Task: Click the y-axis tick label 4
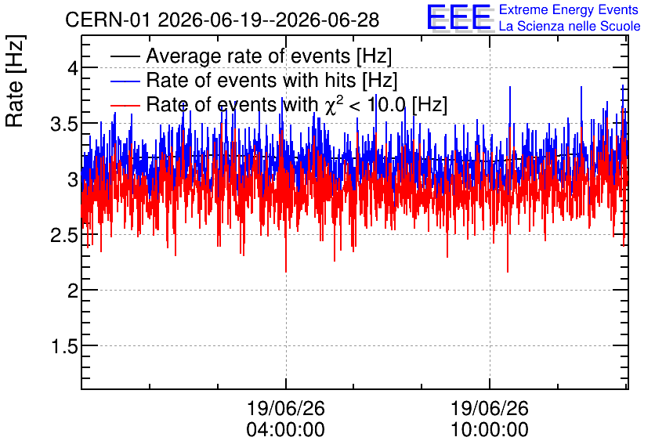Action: tap(73, 67)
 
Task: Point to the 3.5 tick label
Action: tap(64, 124)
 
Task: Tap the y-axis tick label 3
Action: tap(73, 179)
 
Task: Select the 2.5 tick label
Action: tap(64, 235)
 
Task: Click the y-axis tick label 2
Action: tap(73, 290)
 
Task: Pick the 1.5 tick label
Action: tap(64, 346)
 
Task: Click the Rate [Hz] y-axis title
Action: tap(15, 81)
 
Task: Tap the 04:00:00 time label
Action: tap(286, 429)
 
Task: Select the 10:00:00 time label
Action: tap(490, 429)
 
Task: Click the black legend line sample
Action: tap(125, 56)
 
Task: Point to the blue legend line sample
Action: tap(125, 81)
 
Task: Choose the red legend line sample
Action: tap(125, 105)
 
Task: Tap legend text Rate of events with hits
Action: tap(251, 80)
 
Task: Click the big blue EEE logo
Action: tap(459, 17)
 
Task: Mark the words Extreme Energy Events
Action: tap(569, 9)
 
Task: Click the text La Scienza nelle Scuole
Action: tap(570, 27)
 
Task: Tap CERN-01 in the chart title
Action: tap(107, 20)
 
